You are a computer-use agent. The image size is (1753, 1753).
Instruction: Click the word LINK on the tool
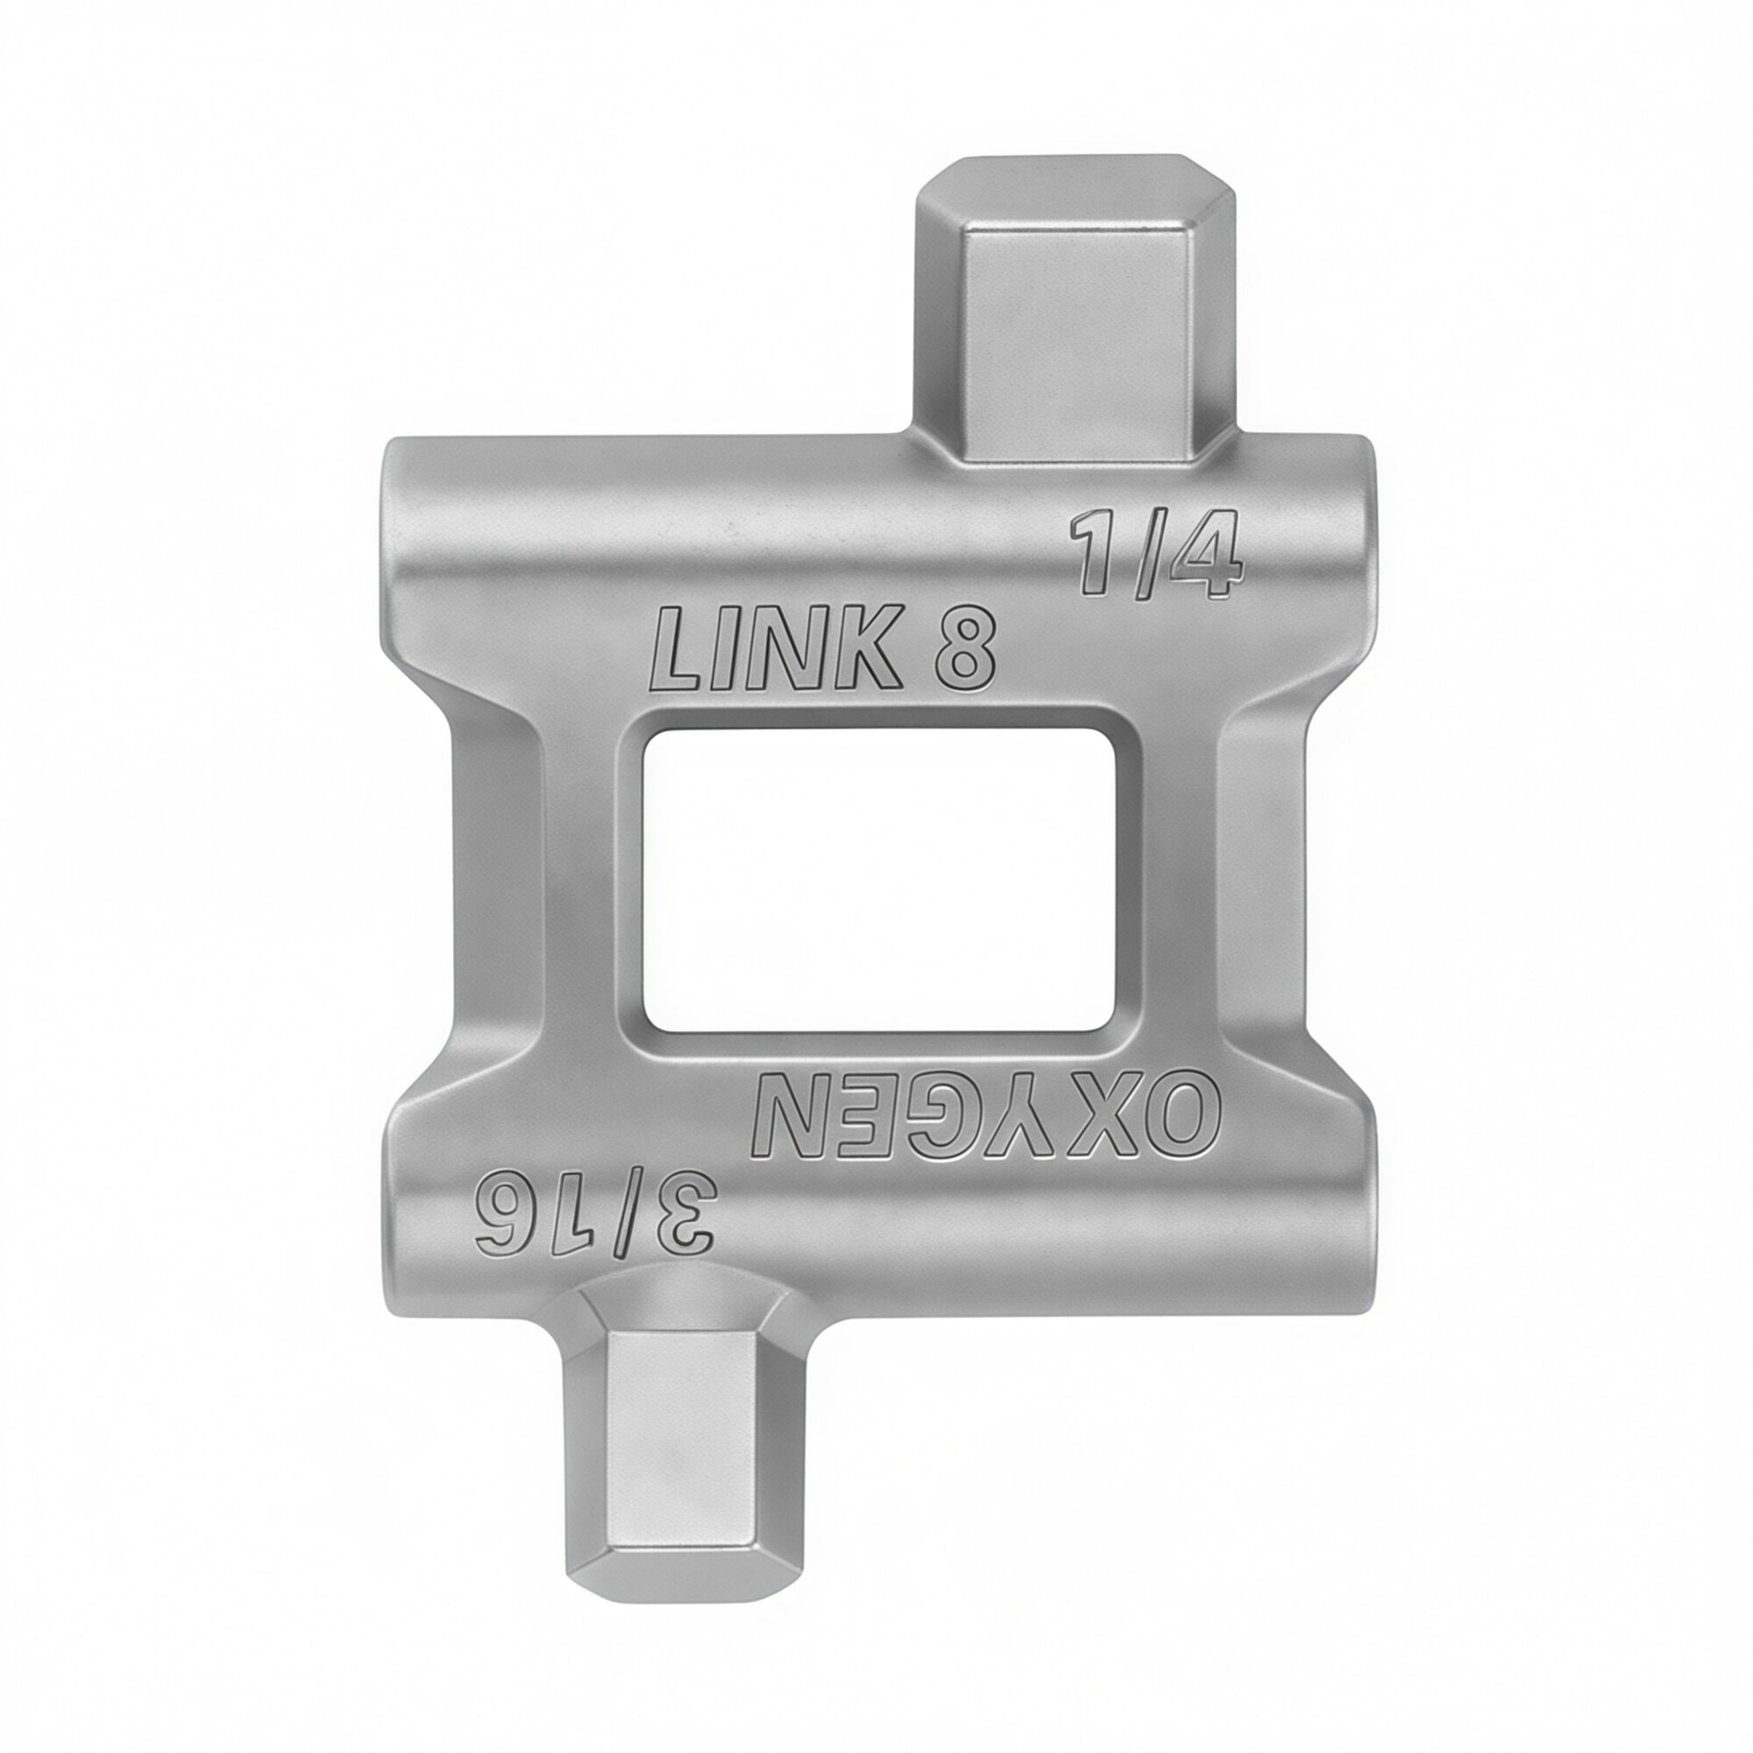coord(777,650)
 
